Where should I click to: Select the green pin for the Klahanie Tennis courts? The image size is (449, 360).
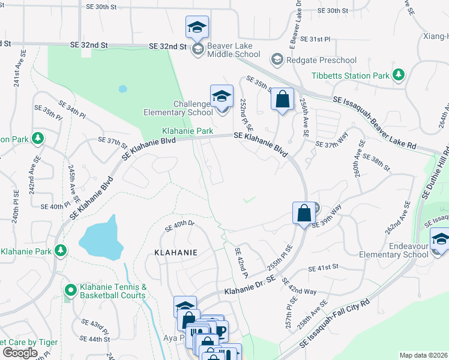pos(70,291)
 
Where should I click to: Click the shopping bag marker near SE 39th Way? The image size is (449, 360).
pos(304,212)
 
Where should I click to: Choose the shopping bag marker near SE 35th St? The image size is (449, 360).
pos(282,98)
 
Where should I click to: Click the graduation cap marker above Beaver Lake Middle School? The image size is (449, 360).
pos(197,27)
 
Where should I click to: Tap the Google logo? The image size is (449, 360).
pos(20,352)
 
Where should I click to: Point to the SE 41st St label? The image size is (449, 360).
pos(324,267)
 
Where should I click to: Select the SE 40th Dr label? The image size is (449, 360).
pos(181,224)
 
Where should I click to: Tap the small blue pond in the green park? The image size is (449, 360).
pos(123,89)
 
